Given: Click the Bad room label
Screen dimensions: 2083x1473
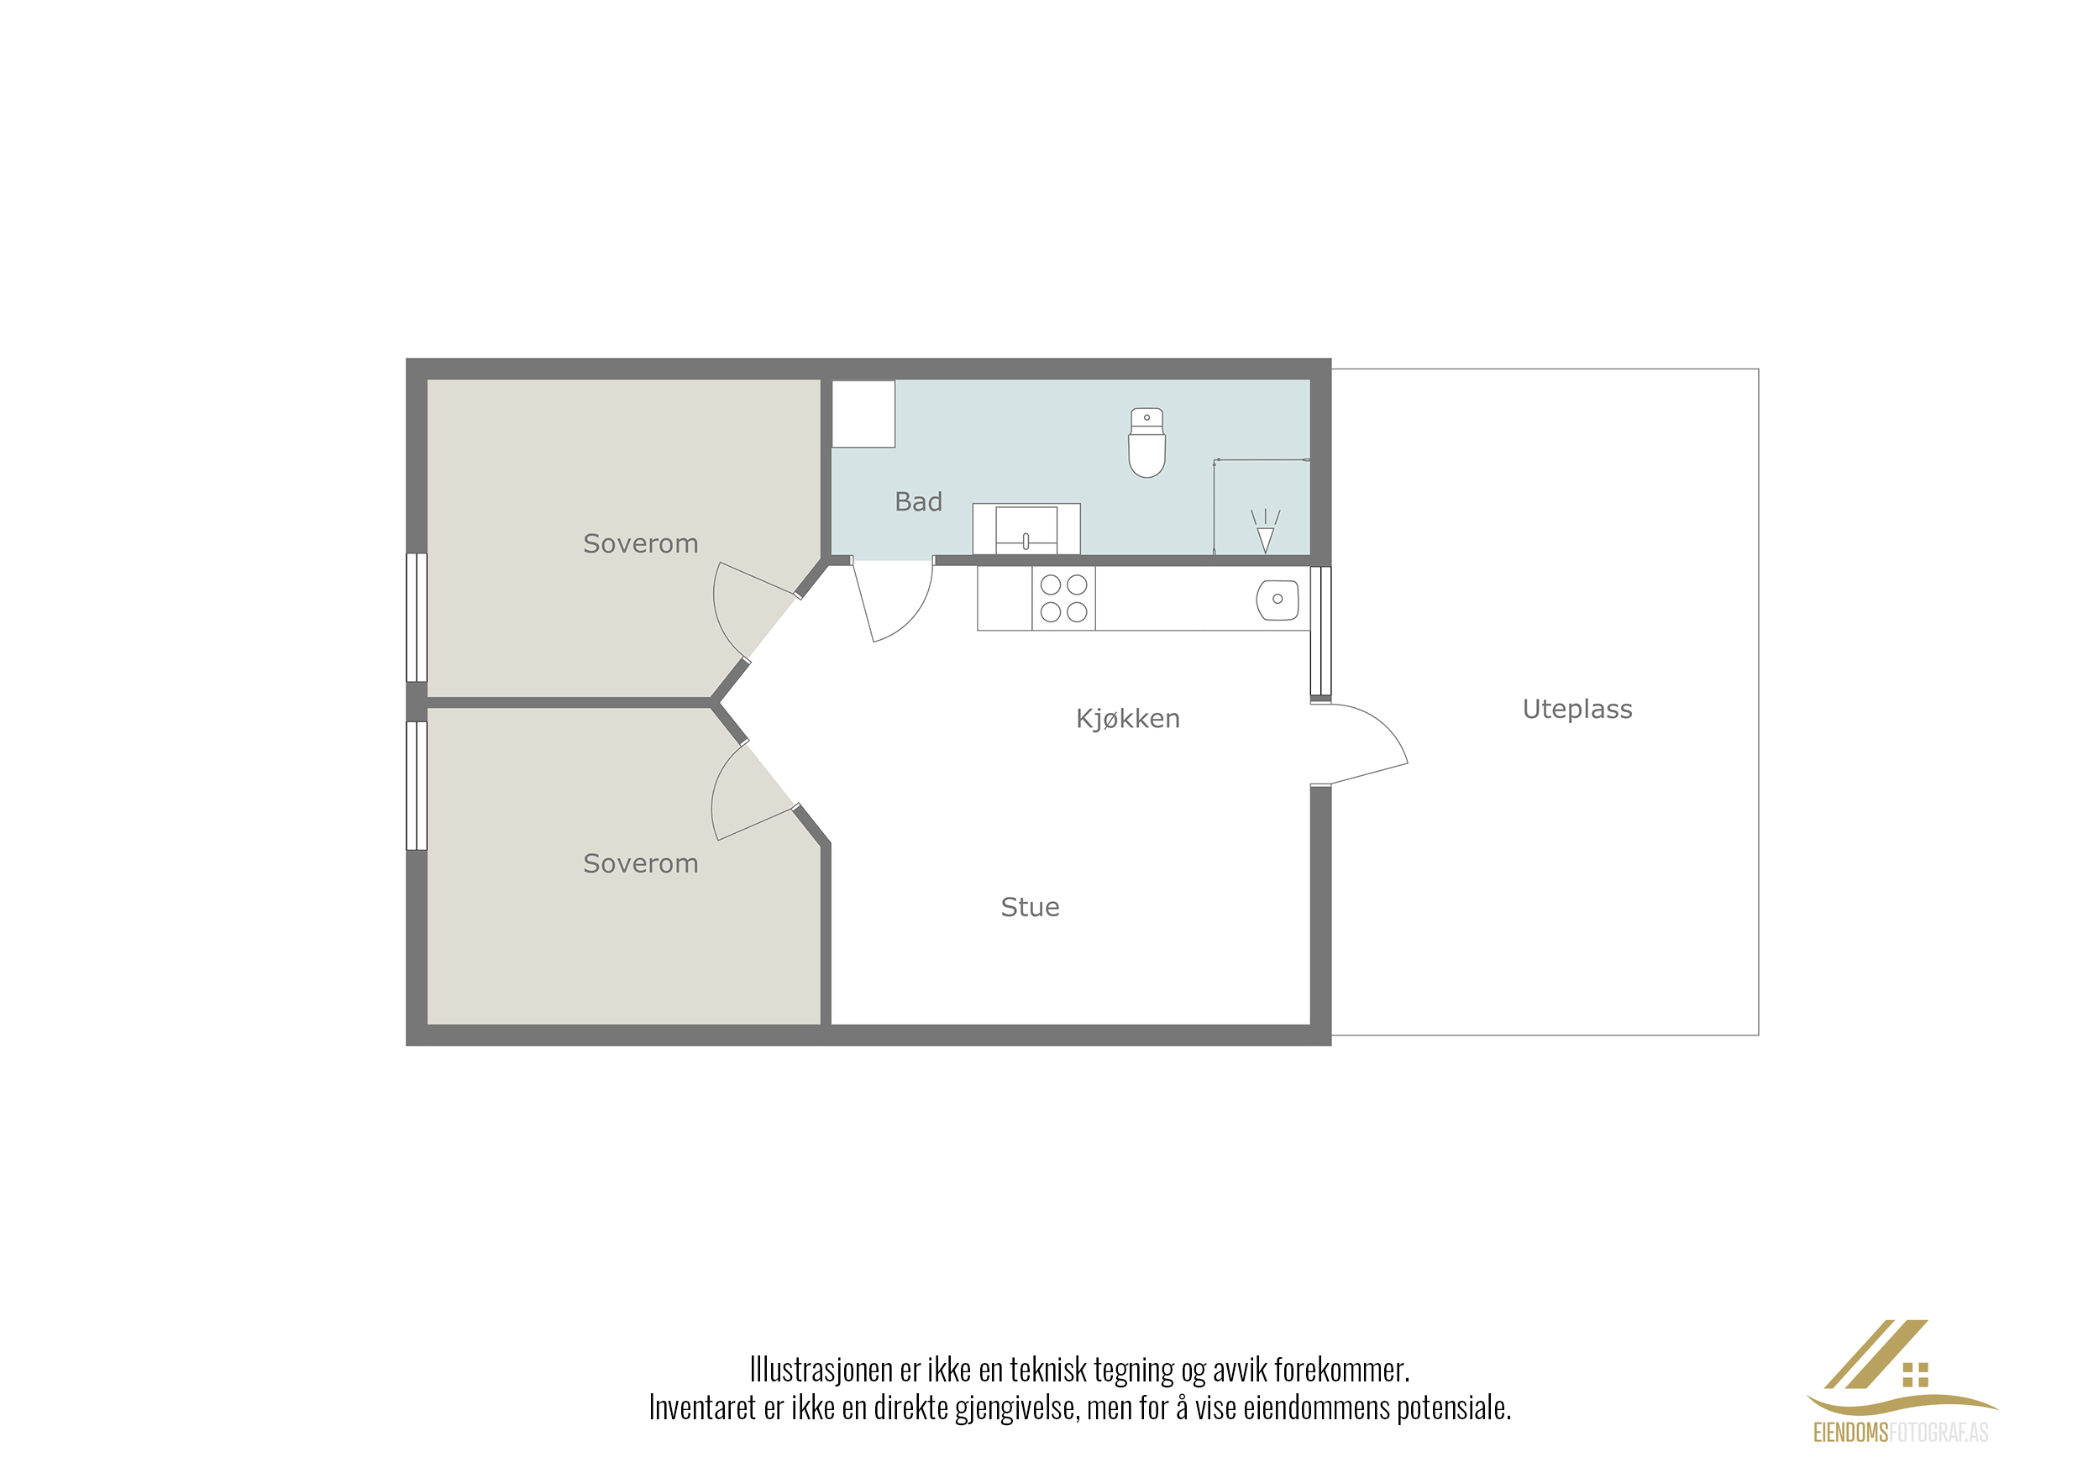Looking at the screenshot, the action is tap(918, 501).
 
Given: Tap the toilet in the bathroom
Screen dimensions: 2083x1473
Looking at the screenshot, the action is tap(1146, 443).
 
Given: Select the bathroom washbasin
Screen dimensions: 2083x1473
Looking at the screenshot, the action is tap(1026, 529).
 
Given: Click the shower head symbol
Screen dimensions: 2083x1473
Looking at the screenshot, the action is tap(1266, 532).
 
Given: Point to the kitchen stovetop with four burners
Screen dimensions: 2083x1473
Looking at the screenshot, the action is tap(1063, 598).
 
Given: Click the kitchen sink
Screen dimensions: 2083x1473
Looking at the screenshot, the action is tap(1278, 600).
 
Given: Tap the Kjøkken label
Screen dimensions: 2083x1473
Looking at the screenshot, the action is tap(1128, 718).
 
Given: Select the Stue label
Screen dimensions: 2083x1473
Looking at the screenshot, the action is tap(1030, 907).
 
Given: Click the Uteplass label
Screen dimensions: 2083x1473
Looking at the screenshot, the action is tap(1577, 710).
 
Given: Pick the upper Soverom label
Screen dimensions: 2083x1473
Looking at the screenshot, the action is tap(641, 543).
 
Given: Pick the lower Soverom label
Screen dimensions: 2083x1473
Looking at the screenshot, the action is tap(641, 863).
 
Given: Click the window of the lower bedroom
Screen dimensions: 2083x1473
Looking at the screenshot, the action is tap(417, 785).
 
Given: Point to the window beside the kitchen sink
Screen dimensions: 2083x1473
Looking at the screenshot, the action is tap(1321, 632).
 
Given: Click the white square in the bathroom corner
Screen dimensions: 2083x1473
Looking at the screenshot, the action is tap(863, 414).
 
